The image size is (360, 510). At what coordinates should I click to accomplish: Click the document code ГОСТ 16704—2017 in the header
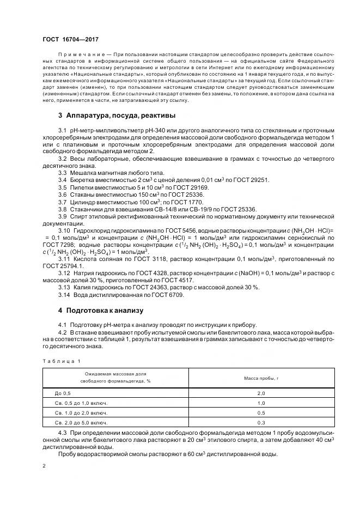pyautogui.click(x=71, y=39)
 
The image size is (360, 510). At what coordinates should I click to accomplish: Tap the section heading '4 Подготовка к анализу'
pyautogui.click(x=100, y=311)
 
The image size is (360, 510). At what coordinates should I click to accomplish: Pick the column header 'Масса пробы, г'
pyautogui.click(x=260, y=377)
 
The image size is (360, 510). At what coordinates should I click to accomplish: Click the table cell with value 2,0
pyautogui.click(x=260, y=393)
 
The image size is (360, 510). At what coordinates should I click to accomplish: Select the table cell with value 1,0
pyautogui.click(x=260, y=403)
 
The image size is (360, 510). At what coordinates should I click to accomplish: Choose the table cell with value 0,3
pyautogui.click(x=260, y=423)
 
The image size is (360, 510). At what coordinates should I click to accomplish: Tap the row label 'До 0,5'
pyautogui.click(x=63, y=393)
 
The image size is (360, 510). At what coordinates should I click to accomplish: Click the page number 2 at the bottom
pyautogui.click(x=44, y=466)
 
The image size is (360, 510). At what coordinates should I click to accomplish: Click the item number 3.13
pyautogui.click(x=64, y=287)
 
